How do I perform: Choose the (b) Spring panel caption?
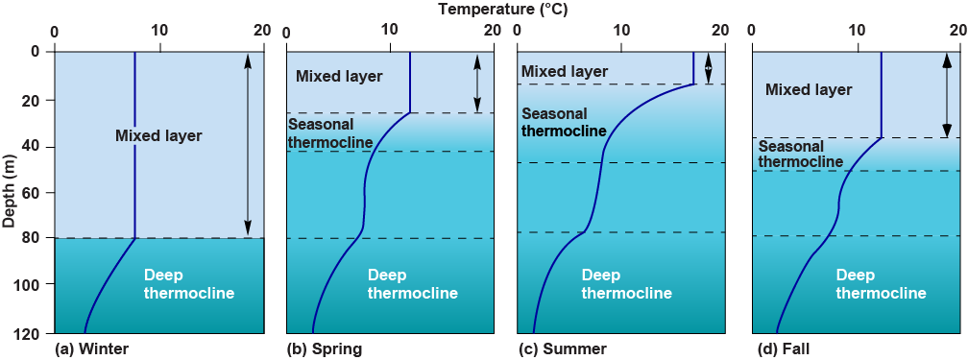coord(325,348)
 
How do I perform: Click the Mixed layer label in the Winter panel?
coord(158,136)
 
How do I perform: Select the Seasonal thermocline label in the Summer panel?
coord(563,122)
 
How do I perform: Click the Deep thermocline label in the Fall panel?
coord(881,284)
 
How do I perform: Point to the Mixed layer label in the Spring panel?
coord(339,77)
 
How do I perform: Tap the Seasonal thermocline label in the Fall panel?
coord(800,155)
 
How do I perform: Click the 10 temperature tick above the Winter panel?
coord(158,31)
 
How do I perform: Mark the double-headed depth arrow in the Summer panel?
coord(708,67)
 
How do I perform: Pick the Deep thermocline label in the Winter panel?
coord(188,284)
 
